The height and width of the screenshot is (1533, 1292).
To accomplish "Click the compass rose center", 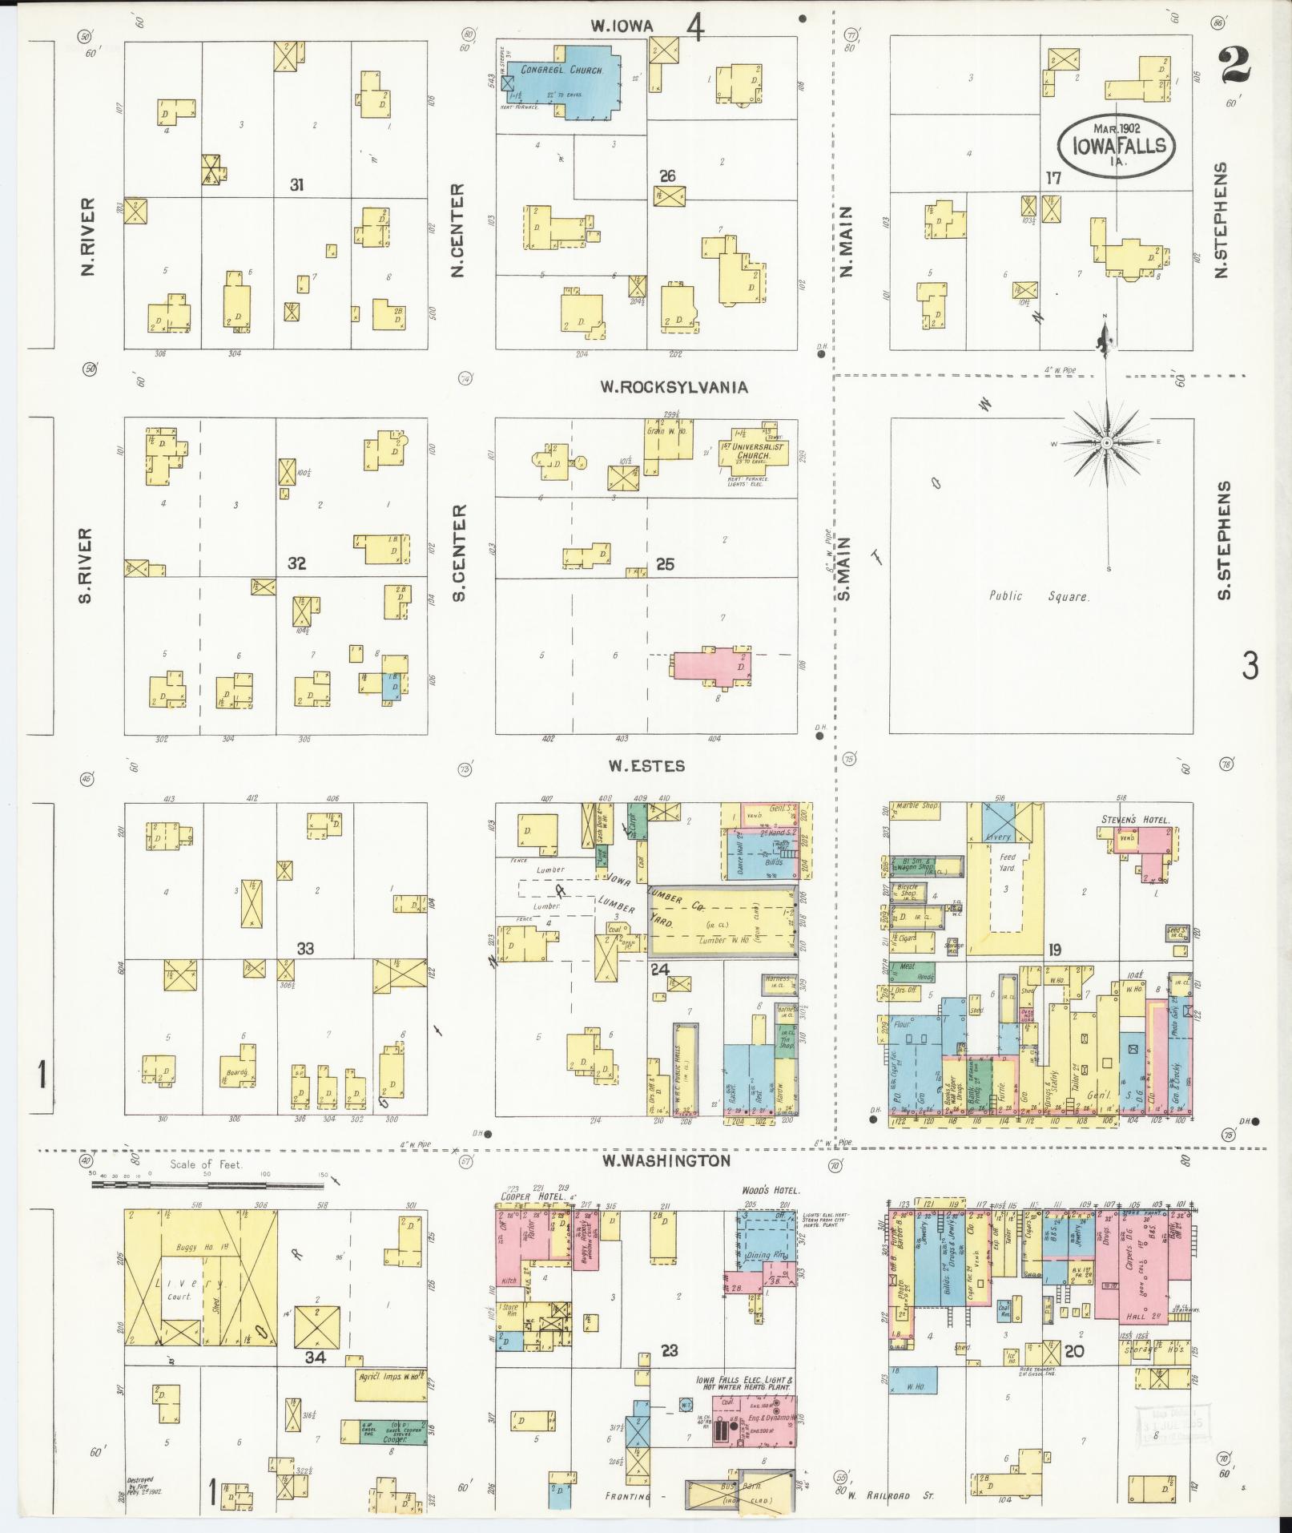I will tap(1106, 442).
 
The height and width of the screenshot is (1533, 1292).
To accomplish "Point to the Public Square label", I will tap(1039, 596).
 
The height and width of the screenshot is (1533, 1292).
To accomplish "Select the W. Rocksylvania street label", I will tap(674, 387).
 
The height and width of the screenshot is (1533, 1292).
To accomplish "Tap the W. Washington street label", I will tap(667, 1160).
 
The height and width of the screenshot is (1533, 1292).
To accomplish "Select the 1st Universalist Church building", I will tap(753, 453).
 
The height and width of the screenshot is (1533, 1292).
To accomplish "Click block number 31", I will tap(297, 185).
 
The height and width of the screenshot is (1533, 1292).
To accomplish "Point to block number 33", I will tap(304, 949).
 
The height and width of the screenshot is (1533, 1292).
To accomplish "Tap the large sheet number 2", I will tap(1235, 67).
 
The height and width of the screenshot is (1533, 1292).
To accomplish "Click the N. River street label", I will tap(88, 237).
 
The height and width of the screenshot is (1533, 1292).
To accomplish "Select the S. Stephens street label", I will tap(1222, 540).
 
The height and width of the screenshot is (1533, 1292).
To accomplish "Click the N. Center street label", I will tap(457, 231).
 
